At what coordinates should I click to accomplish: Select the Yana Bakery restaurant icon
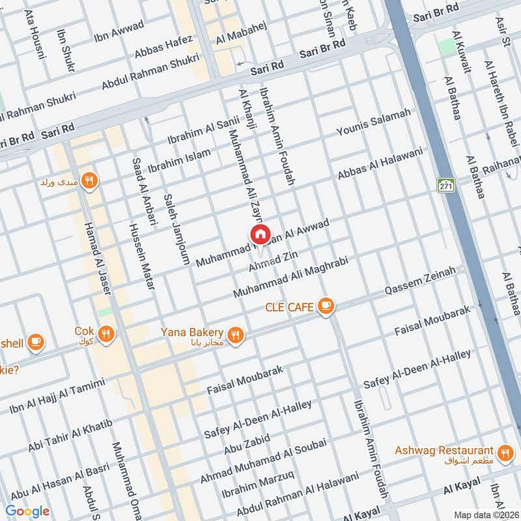tap(236, 335)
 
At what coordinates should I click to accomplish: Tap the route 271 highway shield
tap(445, 185)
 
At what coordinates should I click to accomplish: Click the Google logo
tap(27, 511)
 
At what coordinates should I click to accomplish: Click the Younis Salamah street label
tap(373, 123)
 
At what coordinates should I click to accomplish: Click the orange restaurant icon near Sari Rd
tap(89, 181)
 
